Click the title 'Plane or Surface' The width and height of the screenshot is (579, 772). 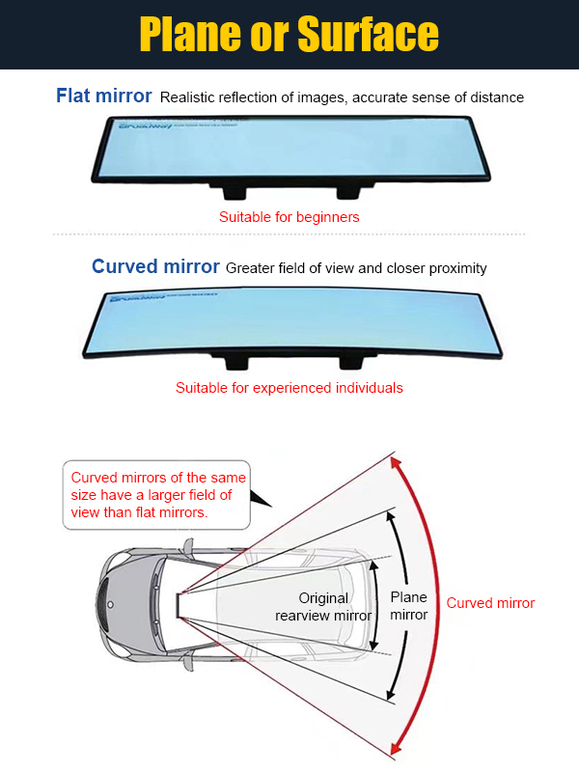pyautogui.click(x=289, y=35)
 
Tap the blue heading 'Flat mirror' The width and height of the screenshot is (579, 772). pyautogui.click(x=103, y=96)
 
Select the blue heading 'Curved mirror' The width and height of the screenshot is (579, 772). pyautogui.click(x=155, y=266)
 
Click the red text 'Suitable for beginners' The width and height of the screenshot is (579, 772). pyautogui.click(x=289, y=217)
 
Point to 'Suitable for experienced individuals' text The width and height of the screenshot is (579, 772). pyautogui.click(x=289, y=388)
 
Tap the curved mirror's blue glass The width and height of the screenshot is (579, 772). pyautogui.click(x=289, y=322)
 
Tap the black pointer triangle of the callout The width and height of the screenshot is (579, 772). pyautogui.click(x=260, y=498)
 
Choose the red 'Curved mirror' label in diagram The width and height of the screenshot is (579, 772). pyautogui.click(x=490, y=603)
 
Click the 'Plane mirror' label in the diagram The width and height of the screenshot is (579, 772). pyautogui.click(x=409, y=606)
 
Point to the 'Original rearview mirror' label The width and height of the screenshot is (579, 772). pyautogui.click(x=322, y=607)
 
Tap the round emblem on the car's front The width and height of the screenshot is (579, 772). pyautogui.click(x=110, y=604)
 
